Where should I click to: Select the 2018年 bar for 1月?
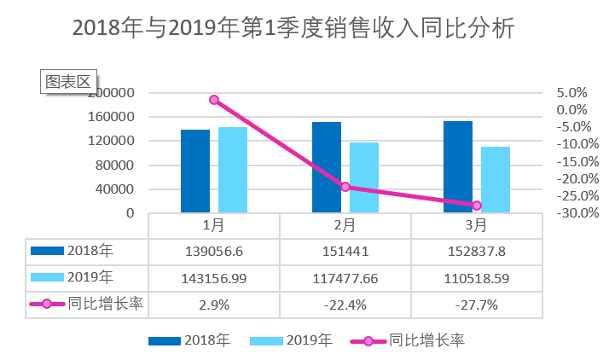click(x=195, y=171)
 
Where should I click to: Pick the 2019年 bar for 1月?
click(x=233, y=170)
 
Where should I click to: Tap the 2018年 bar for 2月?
click(x=327, y=167)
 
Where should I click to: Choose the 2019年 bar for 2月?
click(x=364, y=177)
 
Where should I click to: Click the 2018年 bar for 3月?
click(x=458, y=167)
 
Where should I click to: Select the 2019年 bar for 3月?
click(x=496, y=179)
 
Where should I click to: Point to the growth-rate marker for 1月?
click(x=214, y=100)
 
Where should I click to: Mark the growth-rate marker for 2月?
click(x=345, y=187)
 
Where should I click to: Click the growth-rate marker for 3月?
click(x=477, y=206)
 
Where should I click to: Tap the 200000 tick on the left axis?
click(x=112, y=92)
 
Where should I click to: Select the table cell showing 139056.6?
click(x=214, y=252)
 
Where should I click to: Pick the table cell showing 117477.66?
click(x=345, y=277)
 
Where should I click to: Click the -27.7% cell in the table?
click(x=477, y=304)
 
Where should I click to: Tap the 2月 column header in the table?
click(x=345, y=226)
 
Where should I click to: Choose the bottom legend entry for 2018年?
click(x=189, y=340)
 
